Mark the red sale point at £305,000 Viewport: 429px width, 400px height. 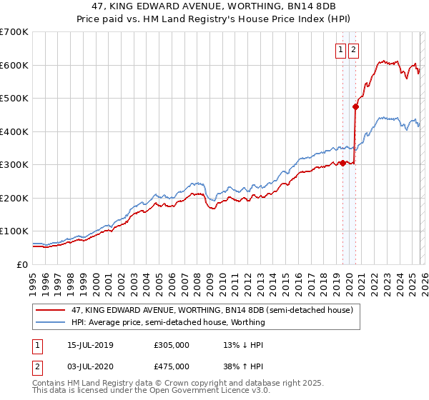point(342,163)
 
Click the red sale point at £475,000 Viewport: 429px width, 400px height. point(355,106)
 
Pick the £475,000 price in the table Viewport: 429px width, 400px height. point(172,368)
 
